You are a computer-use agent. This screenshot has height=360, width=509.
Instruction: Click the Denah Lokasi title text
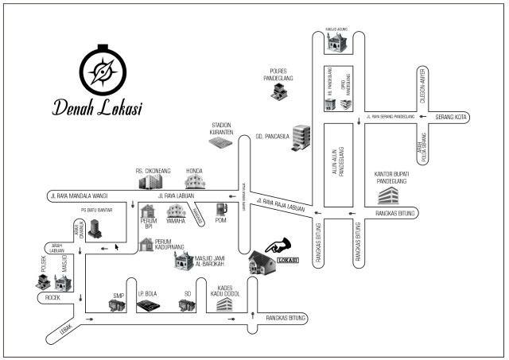(98, 108)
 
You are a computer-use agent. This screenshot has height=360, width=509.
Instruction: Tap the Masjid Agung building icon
(336, 45)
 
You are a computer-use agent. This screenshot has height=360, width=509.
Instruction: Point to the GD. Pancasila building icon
(301, 136)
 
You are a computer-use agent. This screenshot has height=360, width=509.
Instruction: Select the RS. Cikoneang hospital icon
(149, 183)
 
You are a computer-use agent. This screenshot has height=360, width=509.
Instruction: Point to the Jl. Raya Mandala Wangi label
(76, 195)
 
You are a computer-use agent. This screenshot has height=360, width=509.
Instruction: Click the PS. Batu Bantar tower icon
(95, 226)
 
